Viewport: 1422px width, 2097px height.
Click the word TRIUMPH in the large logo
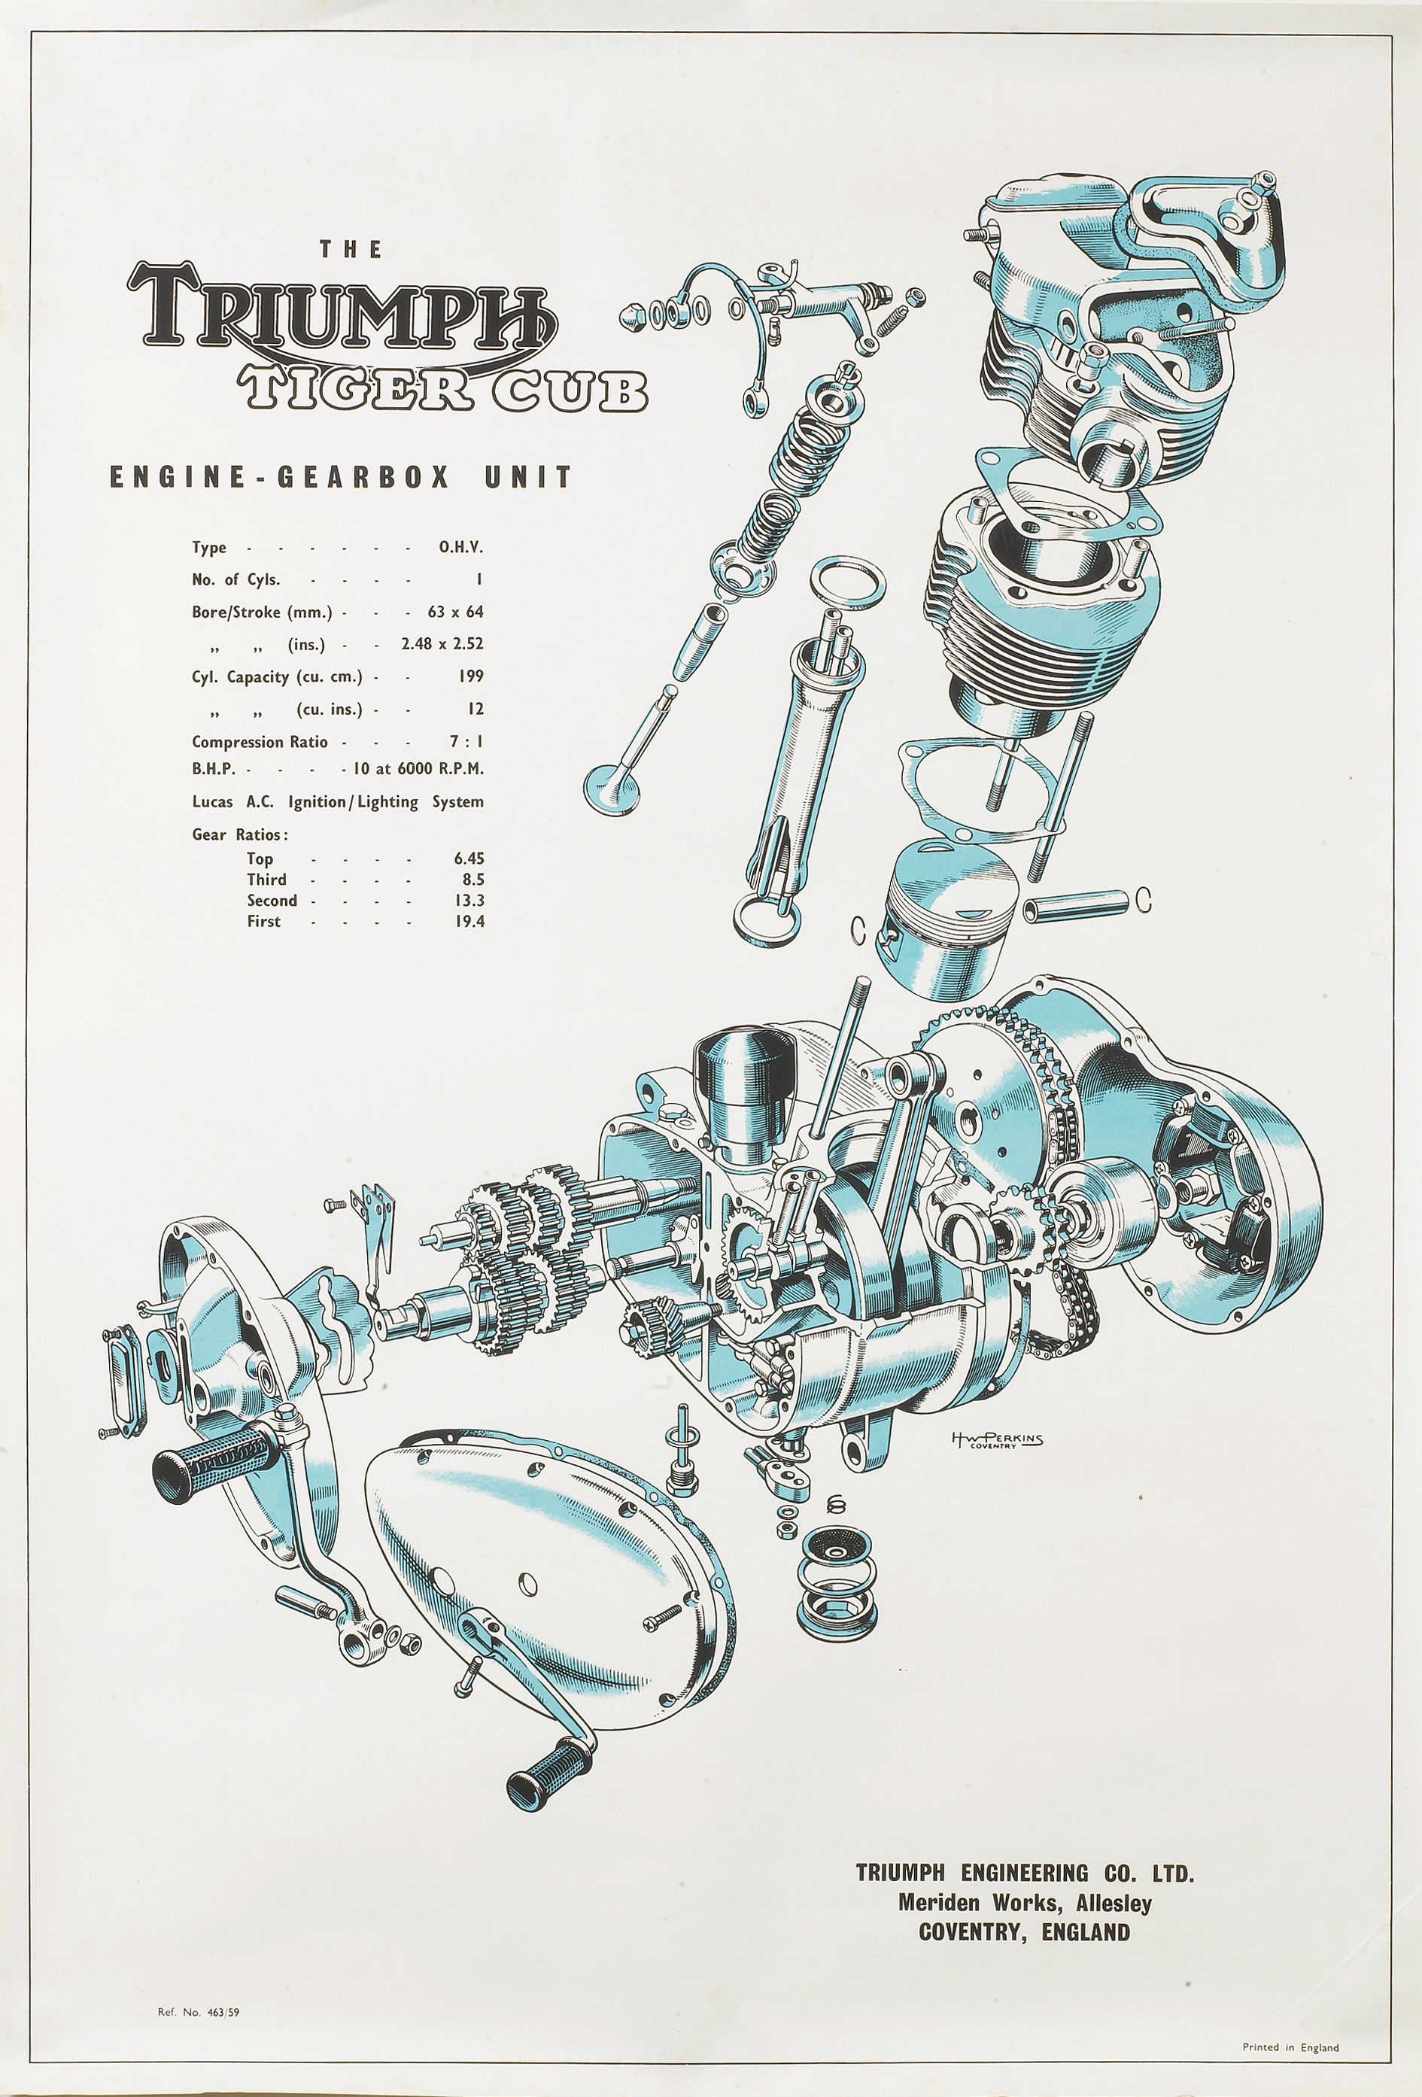343,312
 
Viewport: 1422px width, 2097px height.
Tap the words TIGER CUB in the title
442,389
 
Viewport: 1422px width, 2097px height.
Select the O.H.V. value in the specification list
460,547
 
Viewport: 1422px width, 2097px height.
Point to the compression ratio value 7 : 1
466,742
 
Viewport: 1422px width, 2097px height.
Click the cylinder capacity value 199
470,676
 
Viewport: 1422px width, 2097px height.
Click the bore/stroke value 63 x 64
456,612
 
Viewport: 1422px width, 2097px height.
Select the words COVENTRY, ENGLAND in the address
1024,1932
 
